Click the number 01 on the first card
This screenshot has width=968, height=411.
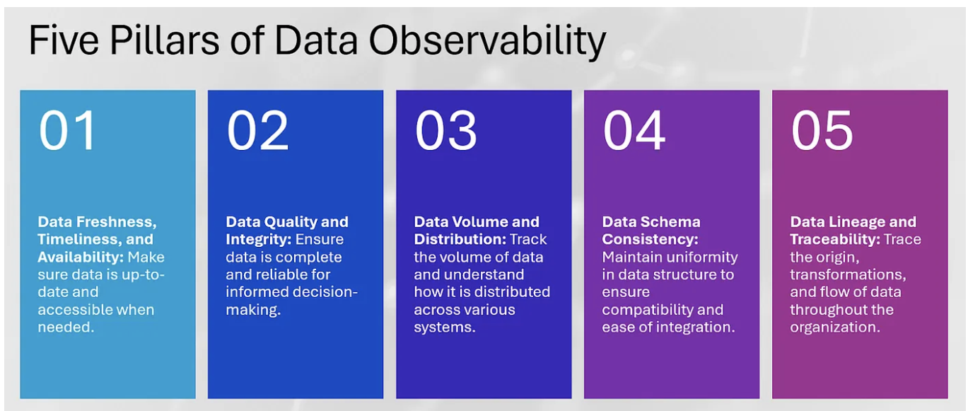tap(67, 131)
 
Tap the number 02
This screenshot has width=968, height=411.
tap(257, 131)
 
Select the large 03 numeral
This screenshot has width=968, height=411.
tap(445, 131)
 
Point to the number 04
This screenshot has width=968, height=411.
tap(634, 131)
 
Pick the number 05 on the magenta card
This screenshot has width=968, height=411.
tap(822, 131)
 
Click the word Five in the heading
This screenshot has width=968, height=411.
tap(59, 41)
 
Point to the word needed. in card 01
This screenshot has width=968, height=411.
tap(66, 327)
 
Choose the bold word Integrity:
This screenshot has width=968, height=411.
tap(258, 240)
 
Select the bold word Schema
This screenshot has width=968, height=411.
tap(670, 222)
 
